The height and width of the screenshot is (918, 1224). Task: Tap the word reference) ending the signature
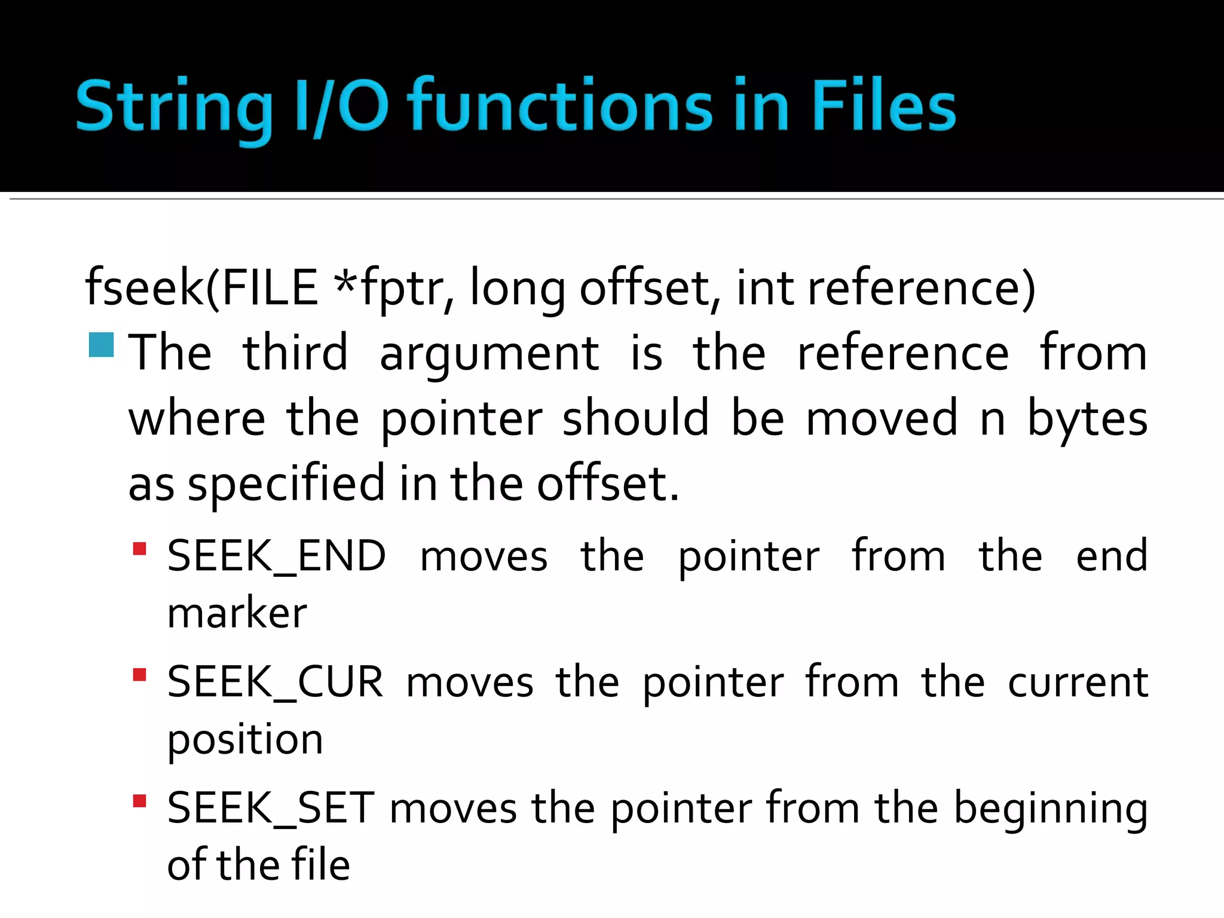pos(921,288)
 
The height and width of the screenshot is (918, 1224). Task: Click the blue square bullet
pos(101,345)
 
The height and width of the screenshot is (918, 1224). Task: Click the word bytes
pos(1087,418)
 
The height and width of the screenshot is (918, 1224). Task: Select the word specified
pos(286,484)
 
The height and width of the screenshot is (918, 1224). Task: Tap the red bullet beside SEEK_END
pos(140,549)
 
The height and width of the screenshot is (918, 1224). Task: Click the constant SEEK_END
pos(276,556)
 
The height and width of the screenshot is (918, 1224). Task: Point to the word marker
pos(237,613)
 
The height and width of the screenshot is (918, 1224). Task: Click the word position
pos(245,740)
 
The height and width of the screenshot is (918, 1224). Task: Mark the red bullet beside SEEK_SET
pos(140,801)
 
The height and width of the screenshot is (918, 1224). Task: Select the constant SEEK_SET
pos(271,808)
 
